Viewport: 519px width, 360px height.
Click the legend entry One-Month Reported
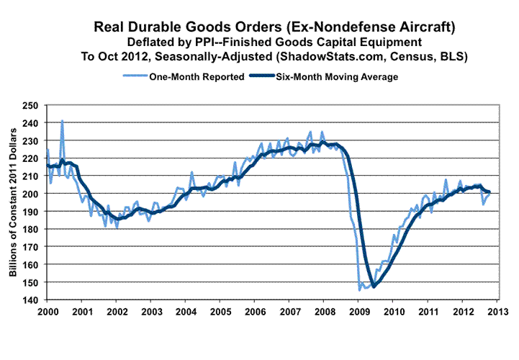click(x=195, y=76)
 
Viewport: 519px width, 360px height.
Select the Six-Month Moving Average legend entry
click(x=335, y=76)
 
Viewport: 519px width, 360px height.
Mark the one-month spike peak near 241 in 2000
click(x=62, y=121)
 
